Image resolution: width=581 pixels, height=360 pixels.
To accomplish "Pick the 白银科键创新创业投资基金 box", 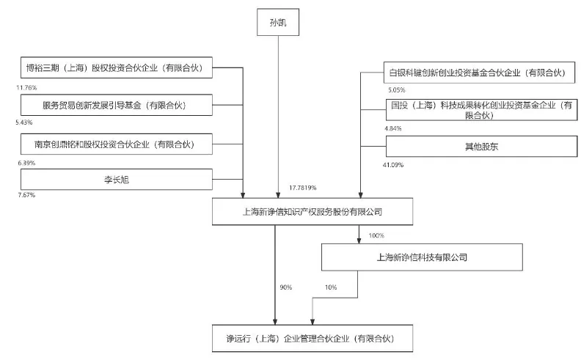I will pyautogui.click(x=480, y=73).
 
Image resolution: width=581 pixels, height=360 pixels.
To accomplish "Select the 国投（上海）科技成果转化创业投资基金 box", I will pyautogui.click(x=480, y=110).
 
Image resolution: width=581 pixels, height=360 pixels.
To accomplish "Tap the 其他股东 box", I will pyautogui.click(x=480, y=147).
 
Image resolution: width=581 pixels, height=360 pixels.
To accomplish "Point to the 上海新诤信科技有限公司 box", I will pyautogui.click(x=422, y=257).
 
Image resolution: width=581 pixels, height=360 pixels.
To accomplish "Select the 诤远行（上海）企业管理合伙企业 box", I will pyautogui.click(x=308, y=339).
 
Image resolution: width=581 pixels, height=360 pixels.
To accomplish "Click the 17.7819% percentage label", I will pyautogui.click(x=303, y=188).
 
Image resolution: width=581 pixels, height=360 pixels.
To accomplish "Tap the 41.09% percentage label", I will pyautogui.click(x=395, y=165).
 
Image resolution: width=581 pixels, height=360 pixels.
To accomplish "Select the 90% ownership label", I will pyautogui.click(x=285, y=287).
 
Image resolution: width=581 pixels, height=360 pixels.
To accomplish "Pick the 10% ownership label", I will pyautogui.click(x=330, y=287).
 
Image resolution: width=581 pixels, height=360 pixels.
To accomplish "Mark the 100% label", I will pyautogui.click(x=376, y=235).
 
